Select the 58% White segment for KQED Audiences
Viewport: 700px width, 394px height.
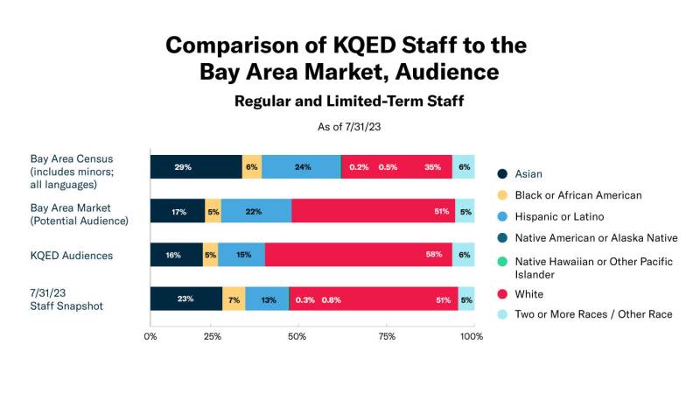coord(358,255)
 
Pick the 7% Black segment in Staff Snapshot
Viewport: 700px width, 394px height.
coord(234,299)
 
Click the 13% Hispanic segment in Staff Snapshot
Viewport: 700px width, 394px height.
coord(267,299)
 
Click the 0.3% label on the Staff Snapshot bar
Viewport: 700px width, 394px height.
coord(305,299)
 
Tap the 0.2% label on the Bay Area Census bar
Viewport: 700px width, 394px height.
coord(358,167)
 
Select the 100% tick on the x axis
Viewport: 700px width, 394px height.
coord(473,335)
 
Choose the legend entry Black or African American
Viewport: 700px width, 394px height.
coord(578,195)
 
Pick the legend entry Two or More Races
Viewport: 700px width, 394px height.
coord(593,313)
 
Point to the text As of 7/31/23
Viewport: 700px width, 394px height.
coord(349,127)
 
